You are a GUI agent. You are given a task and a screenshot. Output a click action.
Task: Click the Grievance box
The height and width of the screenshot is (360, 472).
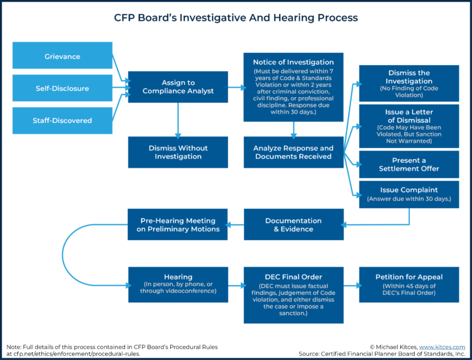(62, 56)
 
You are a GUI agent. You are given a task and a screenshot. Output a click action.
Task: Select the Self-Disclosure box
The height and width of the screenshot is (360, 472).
(62, 88)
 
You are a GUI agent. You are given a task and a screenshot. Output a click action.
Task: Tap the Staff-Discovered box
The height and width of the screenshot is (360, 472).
(62, 120)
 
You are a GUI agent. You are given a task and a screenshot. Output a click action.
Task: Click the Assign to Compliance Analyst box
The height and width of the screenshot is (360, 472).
(178, 87)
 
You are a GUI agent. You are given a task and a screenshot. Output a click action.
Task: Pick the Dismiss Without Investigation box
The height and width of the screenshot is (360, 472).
(178, 152)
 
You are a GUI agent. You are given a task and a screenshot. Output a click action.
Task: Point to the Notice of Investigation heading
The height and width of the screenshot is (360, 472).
(293, 62)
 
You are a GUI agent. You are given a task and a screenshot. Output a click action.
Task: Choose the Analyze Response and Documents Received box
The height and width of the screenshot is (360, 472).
(293, 152)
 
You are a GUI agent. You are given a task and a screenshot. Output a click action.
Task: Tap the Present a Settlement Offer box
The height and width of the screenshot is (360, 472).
(409, 164)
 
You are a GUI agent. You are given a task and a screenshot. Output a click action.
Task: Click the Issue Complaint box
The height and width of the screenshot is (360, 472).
(409, 194)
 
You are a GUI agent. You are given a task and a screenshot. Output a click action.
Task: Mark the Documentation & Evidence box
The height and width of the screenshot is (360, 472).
(293, 224)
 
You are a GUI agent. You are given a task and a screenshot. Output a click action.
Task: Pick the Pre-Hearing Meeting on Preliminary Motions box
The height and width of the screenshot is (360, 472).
(178, 224)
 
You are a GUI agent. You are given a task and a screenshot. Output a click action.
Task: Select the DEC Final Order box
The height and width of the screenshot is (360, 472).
(293, 294)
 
